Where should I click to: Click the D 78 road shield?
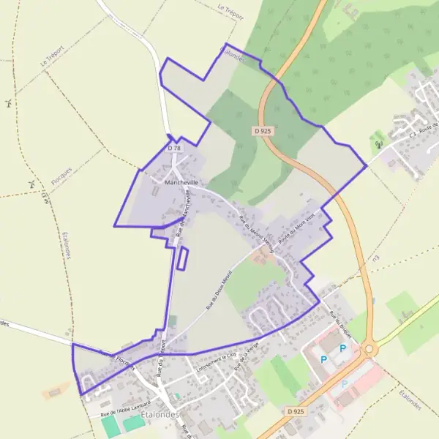(x=173, y=148)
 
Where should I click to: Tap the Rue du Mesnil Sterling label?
(x=256, y=233)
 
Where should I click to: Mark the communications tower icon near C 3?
(x=378, y=144)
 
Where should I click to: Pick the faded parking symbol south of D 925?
(x=345, y=383)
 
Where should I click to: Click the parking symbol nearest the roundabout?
(x=342, y=349)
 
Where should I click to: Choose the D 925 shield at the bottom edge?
(x=295, y=413)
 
